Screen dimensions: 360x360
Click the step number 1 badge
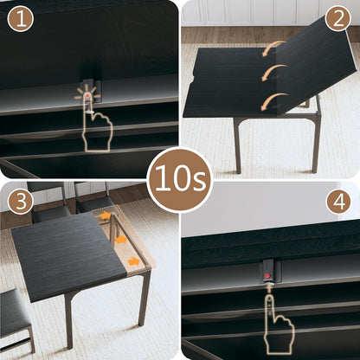(x=19, y=18)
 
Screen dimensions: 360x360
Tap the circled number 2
(x=338, y=18)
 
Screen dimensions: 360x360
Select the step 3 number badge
(x=19, y=202)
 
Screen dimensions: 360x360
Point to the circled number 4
(x=338, y=202)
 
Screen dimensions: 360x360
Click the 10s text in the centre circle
(x=179, y=180)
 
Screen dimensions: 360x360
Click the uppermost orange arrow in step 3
(x=106, y=215)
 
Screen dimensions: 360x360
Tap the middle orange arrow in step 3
(x=121, y=240)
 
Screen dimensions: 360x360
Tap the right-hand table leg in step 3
(x=145, y=299)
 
